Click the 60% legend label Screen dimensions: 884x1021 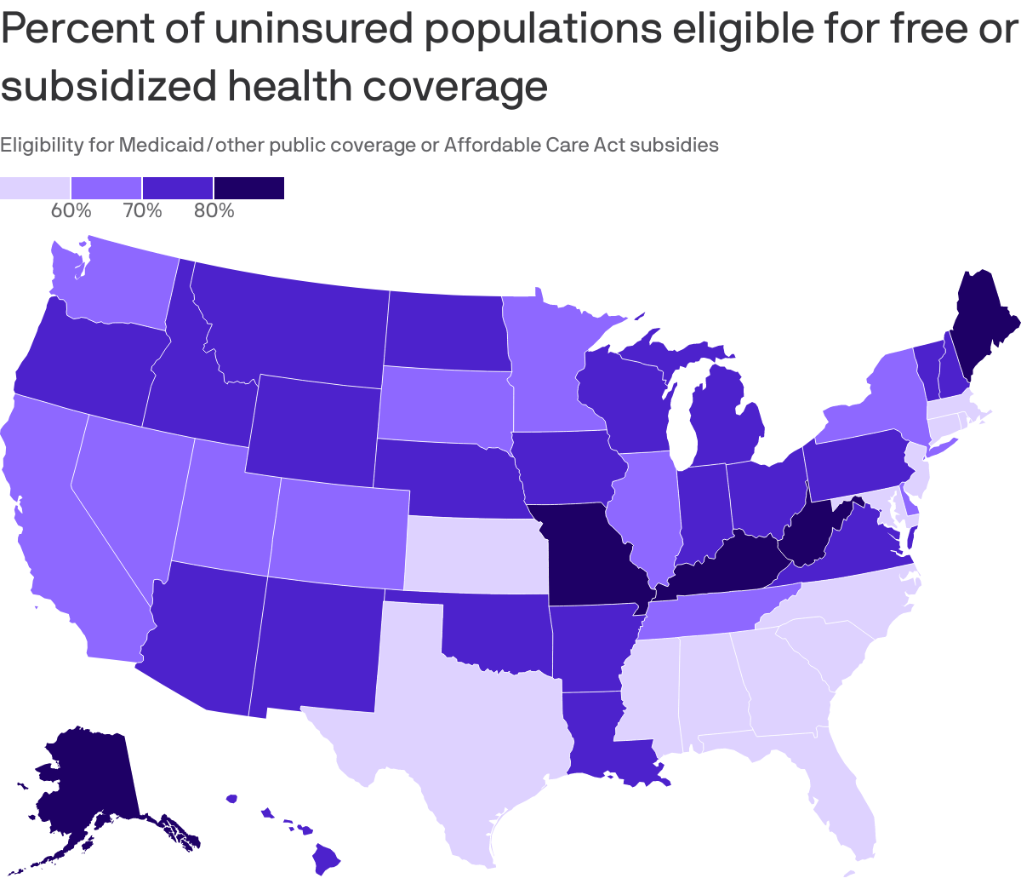coord(71,210)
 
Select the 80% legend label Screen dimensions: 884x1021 coord(214,210)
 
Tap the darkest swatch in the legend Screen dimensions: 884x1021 coord(248,187)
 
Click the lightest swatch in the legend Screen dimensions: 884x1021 coord(35,187)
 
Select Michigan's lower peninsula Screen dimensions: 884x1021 coord(723,417)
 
